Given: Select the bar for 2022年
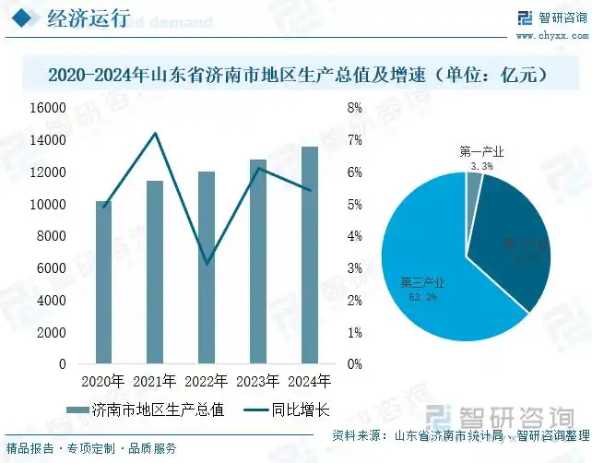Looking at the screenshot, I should coord(207,267).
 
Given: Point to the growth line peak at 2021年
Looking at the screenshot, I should coord(155,134).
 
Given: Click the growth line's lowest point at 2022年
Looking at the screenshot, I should coord(207,264).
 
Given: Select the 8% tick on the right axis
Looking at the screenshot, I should coord(354,108).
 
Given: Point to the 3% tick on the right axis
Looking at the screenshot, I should coord(354,268).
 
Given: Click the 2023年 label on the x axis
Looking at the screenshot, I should coord(258,381).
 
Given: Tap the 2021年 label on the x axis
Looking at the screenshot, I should coord(155,381).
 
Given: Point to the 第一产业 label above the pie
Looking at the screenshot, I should coord(481,151).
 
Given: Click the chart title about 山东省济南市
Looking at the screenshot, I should coord(296,74).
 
